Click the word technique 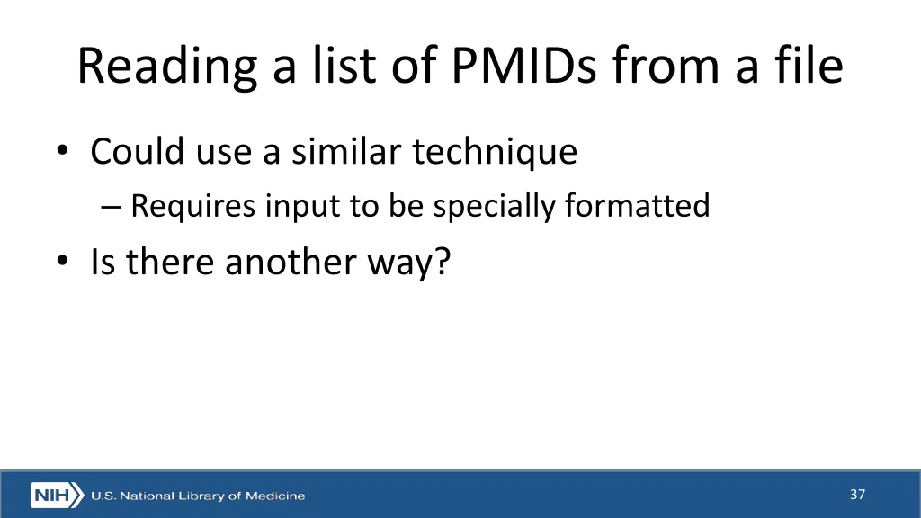pyautogui.click(x=495, y=153)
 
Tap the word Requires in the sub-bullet pyautogui.click(x=193, y=207)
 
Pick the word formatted pyautogui.click(x=637, y=206)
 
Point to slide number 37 pyautogui.click(x=857, y=494)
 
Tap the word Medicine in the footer pyautogui.click(x=275, y=496)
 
